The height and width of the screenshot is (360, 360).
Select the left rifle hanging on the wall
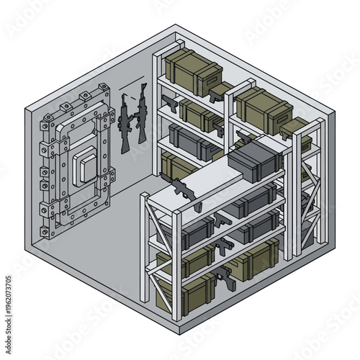click(x=125, y=122)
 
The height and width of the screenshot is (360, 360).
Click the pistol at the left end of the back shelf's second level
click(x=170, y=102)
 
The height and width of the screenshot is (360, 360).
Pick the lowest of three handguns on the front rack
click(x=229, y=278)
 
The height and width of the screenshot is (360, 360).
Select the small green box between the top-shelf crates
click(x=220, y=89)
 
